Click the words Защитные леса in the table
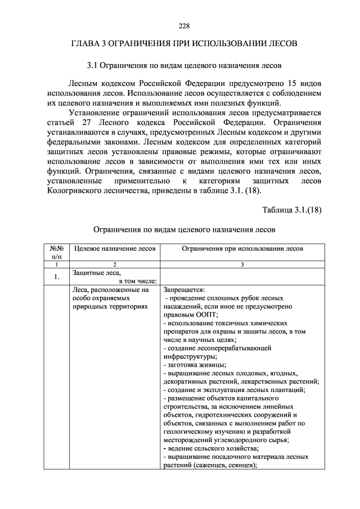tap(93, 272)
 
